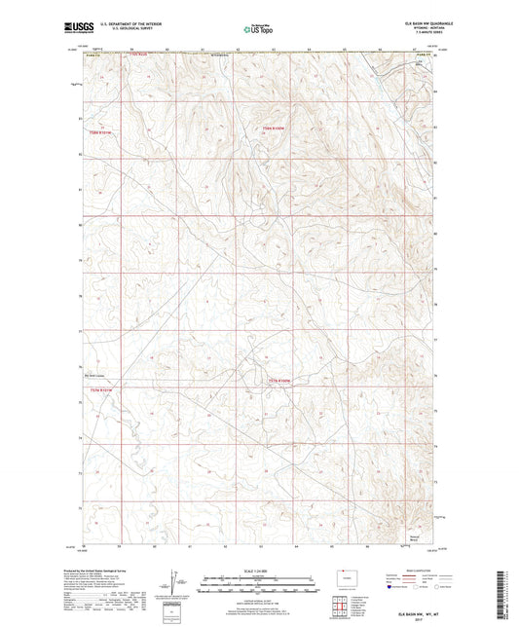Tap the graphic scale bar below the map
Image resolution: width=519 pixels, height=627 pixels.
tap(259, 585)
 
